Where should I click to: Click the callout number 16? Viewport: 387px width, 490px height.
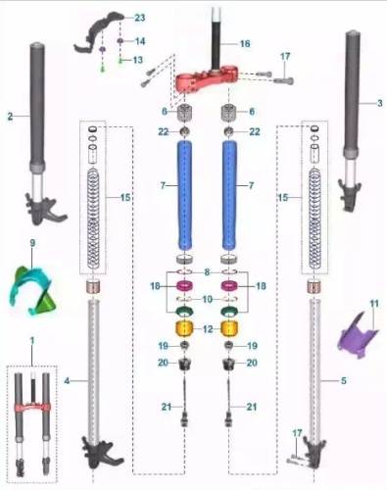[x=245, y=44]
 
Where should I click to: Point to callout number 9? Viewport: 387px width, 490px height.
[x=32, y=242]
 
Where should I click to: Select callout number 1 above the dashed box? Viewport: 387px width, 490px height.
[x=32, y=338]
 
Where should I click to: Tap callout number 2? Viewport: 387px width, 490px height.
[x=10, y=116]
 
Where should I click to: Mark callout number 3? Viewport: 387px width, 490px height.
[x=379, y=102]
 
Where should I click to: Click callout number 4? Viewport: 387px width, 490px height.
[x=68, y=377]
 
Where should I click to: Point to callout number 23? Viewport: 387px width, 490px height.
[x=139, y=19]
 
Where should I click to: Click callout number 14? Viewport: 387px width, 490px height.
[x=140, y=41]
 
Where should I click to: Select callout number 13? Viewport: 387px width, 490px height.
[x=138, y=60]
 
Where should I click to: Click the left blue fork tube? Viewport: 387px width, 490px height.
[x=187, y=196]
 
